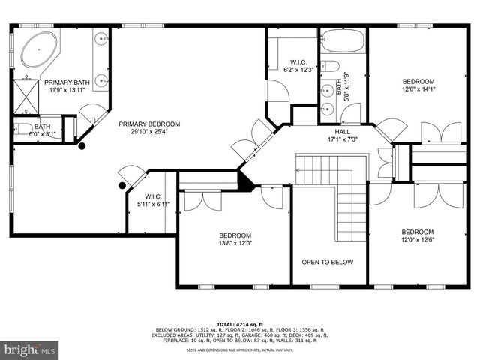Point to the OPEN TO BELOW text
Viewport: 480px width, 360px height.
pos(328,262)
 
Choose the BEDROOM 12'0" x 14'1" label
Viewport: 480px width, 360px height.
pos(418,82)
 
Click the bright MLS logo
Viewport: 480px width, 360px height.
pos(30,349)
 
